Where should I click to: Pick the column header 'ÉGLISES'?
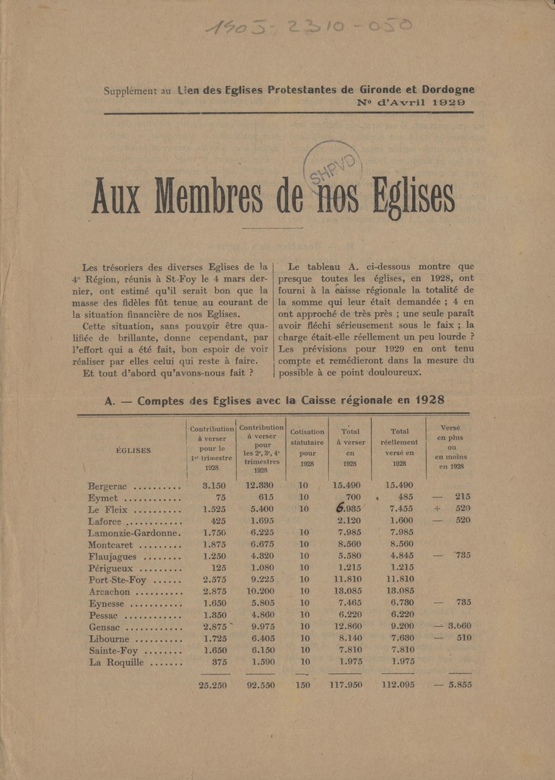[134, 450]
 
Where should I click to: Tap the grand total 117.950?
[348, 685]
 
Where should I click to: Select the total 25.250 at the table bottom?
[214, 685]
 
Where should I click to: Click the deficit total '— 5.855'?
[453, 685]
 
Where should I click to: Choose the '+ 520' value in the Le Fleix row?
[453, 508]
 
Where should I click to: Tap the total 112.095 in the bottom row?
[400, 685]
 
